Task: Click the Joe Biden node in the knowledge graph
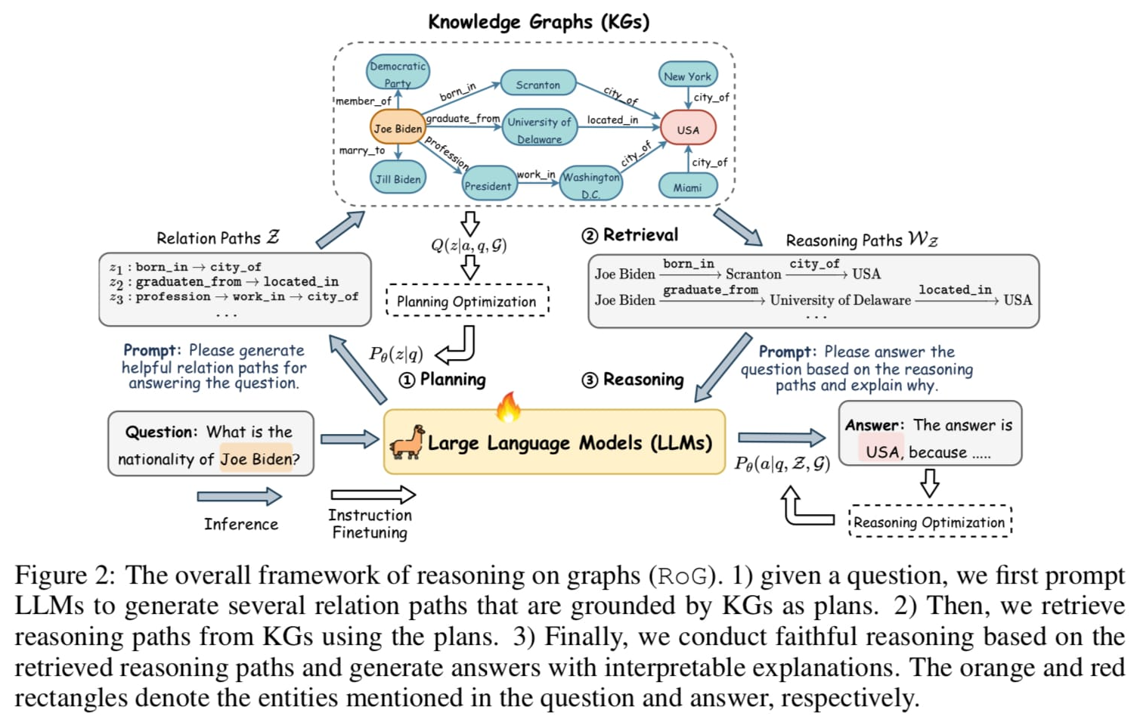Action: pos(398,128)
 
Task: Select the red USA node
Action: pos(687,129)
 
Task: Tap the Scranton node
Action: pos(538,84)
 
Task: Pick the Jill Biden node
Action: pos(398,178)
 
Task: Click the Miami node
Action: pos(687,187)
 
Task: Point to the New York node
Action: pos(687,76)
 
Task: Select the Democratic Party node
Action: pos(398,73)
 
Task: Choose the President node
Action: pos(488,185)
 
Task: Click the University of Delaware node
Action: pos(539,129)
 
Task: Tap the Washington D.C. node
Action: pos(590,184)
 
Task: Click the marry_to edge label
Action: pos(361,150)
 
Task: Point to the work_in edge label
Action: pos(536,175)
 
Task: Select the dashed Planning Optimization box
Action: pos(466,301)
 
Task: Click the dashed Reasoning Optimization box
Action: pos(929,522)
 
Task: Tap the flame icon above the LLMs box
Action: pos(508,407)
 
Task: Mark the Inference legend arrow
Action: pos(239,497)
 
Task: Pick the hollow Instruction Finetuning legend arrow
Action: pos(373,495)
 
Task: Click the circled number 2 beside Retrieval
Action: pos(590,236)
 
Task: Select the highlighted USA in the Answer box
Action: pos(882,451)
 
